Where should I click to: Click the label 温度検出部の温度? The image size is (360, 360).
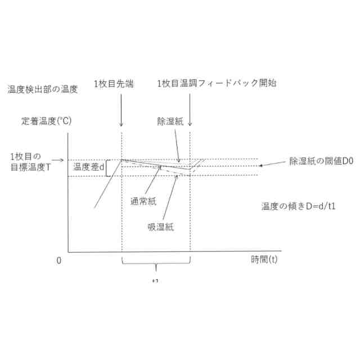[46, 89]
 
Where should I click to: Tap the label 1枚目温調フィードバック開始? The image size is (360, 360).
[217, 83]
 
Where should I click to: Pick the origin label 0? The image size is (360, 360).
[58, 261]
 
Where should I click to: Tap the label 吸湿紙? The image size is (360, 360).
[161, 227]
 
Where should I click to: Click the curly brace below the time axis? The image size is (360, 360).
[156, 263]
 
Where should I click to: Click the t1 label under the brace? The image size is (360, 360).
[155, 280]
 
